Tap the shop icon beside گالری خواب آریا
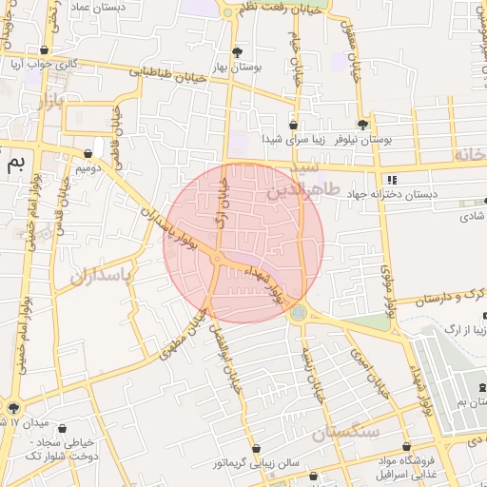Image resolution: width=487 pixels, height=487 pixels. pos(44,50)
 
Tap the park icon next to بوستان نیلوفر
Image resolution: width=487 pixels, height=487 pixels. pos(362,125)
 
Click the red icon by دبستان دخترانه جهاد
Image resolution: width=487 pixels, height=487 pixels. pos(390,180)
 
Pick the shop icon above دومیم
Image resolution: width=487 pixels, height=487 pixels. pos(88,152)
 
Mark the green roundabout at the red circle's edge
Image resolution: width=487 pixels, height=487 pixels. pos(299,312)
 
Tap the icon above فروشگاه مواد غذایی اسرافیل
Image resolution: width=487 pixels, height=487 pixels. pos(406,446)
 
